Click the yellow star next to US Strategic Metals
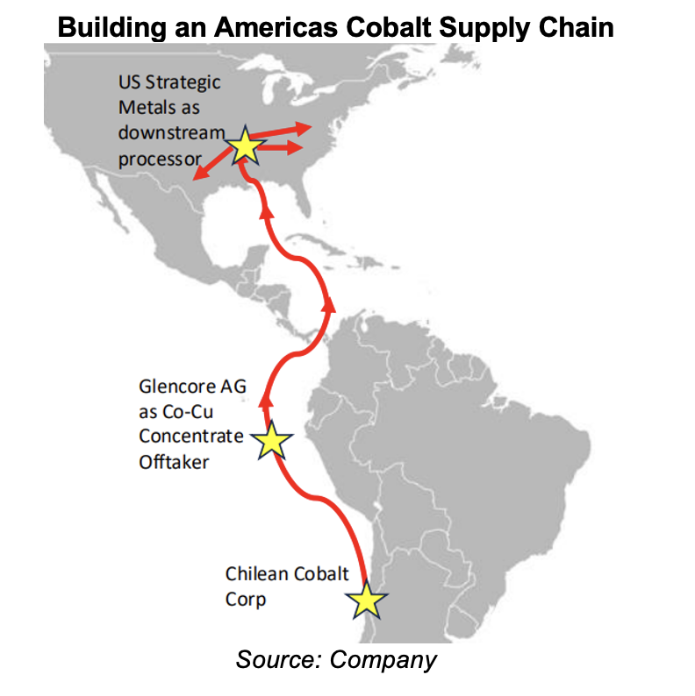pos(246,148)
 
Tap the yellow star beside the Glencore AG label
pos(272,441)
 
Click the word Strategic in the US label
pos(182,83)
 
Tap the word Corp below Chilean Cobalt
pos(245,601)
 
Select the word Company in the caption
pos(383,659)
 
